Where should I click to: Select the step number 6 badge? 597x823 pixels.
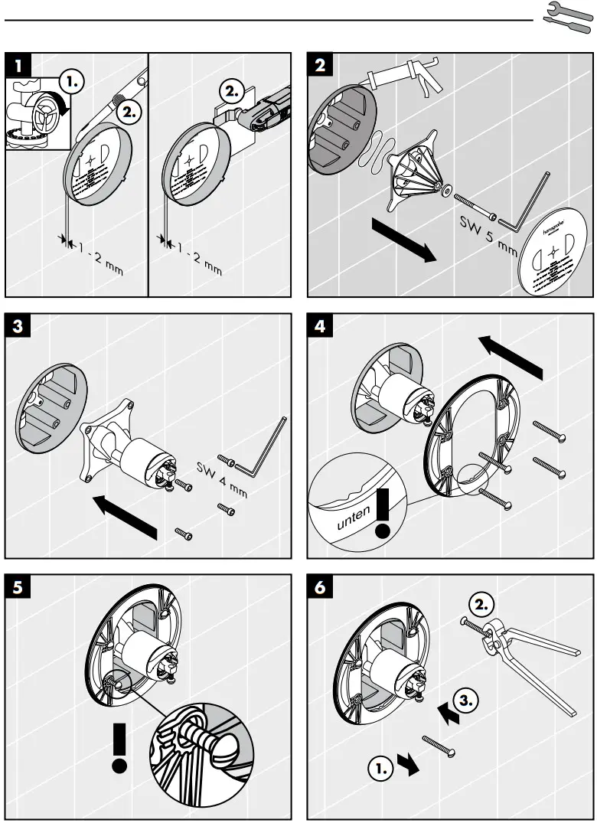(x=321, y=588)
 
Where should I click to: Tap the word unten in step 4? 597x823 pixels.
(x=354, y=517)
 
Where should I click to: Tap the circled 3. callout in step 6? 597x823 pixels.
(x=468, y=699)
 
